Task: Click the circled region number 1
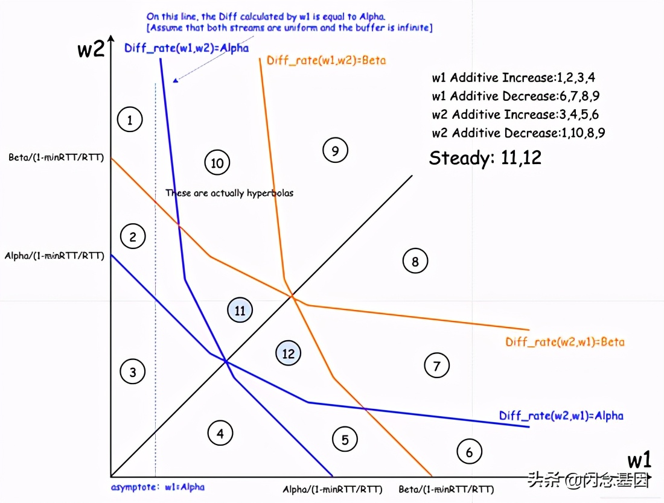130,119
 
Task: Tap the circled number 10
217,162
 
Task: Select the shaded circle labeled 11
240,311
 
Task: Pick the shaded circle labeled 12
289,353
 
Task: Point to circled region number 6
469,451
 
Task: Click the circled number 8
415,261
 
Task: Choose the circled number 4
220,432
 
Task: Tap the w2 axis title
91,49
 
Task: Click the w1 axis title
639,461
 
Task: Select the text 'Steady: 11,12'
485,158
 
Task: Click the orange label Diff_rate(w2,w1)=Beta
565,342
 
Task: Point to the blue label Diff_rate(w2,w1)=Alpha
561,416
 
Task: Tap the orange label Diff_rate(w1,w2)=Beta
326,60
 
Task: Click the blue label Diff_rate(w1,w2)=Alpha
187,48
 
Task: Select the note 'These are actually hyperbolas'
229,193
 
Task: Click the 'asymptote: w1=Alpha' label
158,487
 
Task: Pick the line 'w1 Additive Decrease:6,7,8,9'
516,96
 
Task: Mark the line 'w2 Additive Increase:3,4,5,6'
516,115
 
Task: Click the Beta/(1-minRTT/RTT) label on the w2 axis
56,158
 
